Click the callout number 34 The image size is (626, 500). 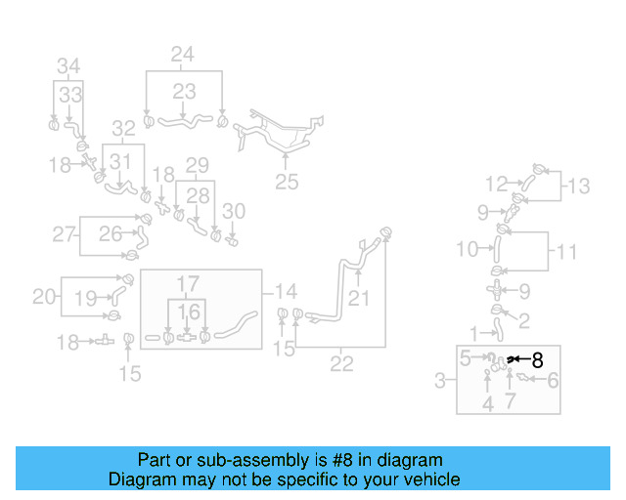(x=67, y=66)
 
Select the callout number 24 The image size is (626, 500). (x=183, y=55)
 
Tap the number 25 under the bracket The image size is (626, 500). (x=286, y=182)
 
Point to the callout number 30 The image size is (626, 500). (x=234, y=210)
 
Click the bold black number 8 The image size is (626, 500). (x=536, y=360)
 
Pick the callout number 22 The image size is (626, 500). (x=341, y=363)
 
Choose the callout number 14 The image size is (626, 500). (x=286, y=291)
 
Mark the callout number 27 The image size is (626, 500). (x=65, y=233)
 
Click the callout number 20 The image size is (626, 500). (x=44, y=296)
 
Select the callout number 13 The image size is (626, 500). (x=579, y=185)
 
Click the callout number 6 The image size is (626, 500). (x=553, y=381)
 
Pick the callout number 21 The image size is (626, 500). (x=359, y=298)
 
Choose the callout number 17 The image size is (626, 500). (x=187, y=284)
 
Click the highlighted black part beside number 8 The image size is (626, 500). (x=511, y=360)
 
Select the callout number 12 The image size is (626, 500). (x=497, y=183)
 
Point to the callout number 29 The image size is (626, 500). (x=198, y=164)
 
